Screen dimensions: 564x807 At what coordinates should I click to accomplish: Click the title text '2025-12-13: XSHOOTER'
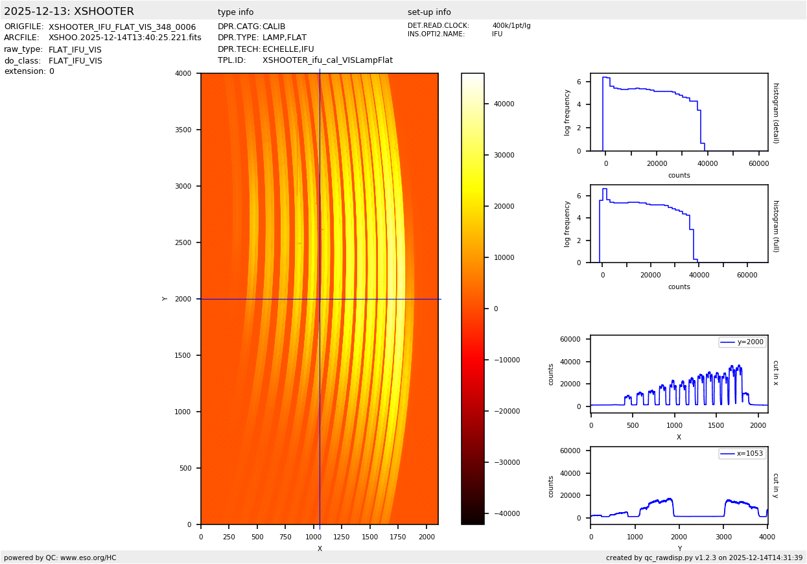pyautogui.click(x=69, y=12)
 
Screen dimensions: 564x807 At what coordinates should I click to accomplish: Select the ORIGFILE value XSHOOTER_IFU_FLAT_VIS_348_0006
pyautogui.click(x=122, y=27)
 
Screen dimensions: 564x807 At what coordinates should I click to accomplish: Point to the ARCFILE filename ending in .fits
pyautogui.click(x=124, y=38)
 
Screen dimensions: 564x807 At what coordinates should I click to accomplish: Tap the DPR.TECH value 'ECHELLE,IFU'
pyautogui.click(x=288, y=49)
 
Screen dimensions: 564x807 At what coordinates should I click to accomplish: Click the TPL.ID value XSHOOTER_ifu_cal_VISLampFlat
pyautogui.click(x=327, y=60)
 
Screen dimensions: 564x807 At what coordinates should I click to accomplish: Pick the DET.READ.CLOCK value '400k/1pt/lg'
pyautogui.click(x=511, y=26)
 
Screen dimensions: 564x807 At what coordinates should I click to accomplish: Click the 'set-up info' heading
pyautogui.click(x=429, y=12)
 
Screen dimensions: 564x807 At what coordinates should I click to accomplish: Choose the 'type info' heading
pyautogui.click(x=236, y=12)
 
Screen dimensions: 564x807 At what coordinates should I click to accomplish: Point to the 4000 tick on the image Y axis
pyautogui.click(x=183, y=74)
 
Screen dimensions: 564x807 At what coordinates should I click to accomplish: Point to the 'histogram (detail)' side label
pyautogui.click(x=775, y=113)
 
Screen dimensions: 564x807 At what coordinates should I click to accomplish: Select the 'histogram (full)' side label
pyautogui.click(x=775, y=226)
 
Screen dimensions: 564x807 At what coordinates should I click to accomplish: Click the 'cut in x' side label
pyautogui.click(x=775, y=373)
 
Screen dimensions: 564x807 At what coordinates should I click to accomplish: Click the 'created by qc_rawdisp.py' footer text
pyautogui.click(x=704, y=558)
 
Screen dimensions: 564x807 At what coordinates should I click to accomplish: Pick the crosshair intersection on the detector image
pyautogui.click(x=320, y=299)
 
